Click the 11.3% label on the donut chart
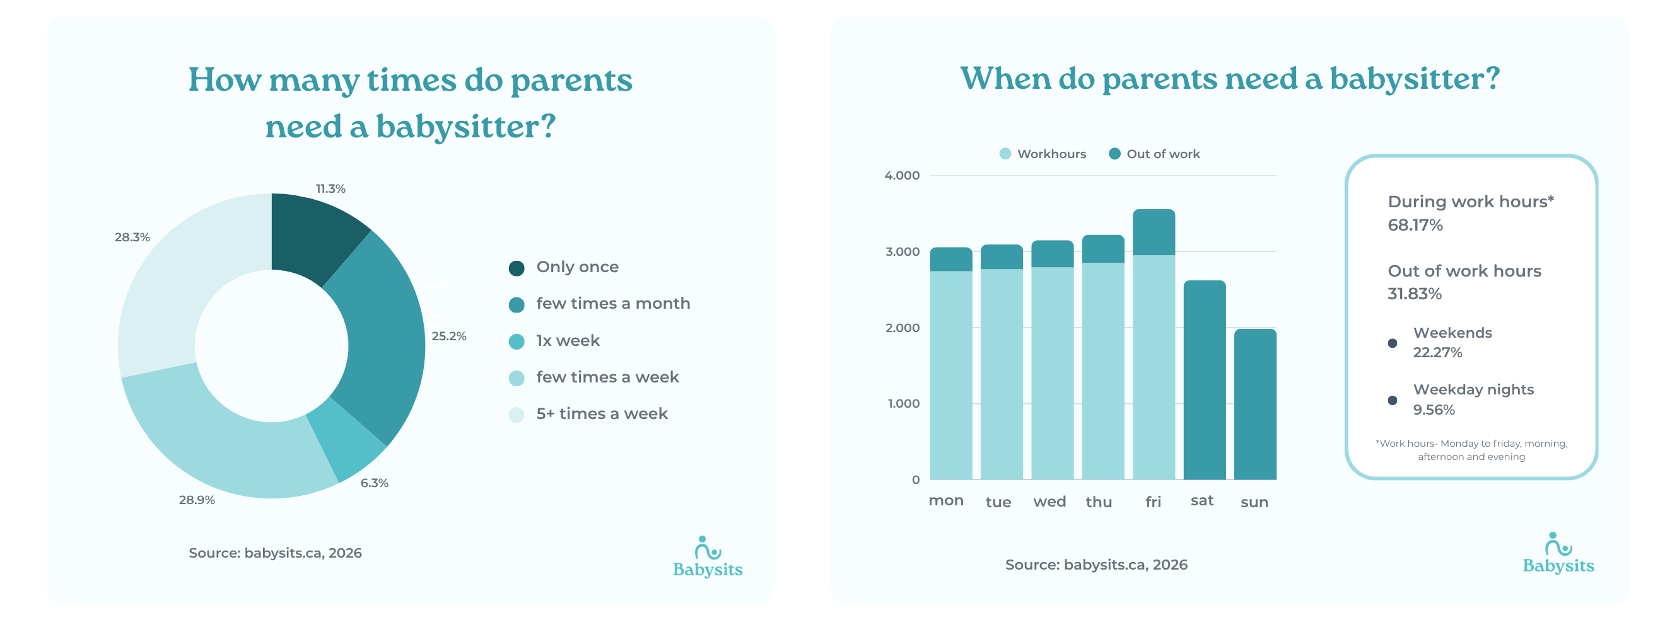point(330,188)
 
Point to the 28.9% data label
point(197,500)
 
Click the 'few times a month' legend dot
point(517,304)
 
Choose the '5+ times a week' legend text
point(602,414)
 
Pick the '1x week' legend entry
point(567,340)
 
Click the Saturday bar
point(1204,380)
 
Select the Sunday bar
point(1254,404)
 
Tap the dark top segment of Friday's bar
point(1153,233)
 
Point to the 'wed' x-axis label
point(1049,502)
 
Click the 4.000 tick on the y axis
point(902,175)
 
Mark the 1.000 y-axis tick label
point(903,403)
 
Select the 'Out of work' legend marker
point(1114,154)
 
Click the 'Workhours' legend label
point(1051,154)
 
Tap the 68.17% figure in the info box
point(1415,225)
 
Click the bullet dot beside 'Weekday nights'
point(1392,400)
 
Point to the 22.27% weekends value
point(1437,353)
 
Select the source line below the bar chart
point(1096,565)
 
